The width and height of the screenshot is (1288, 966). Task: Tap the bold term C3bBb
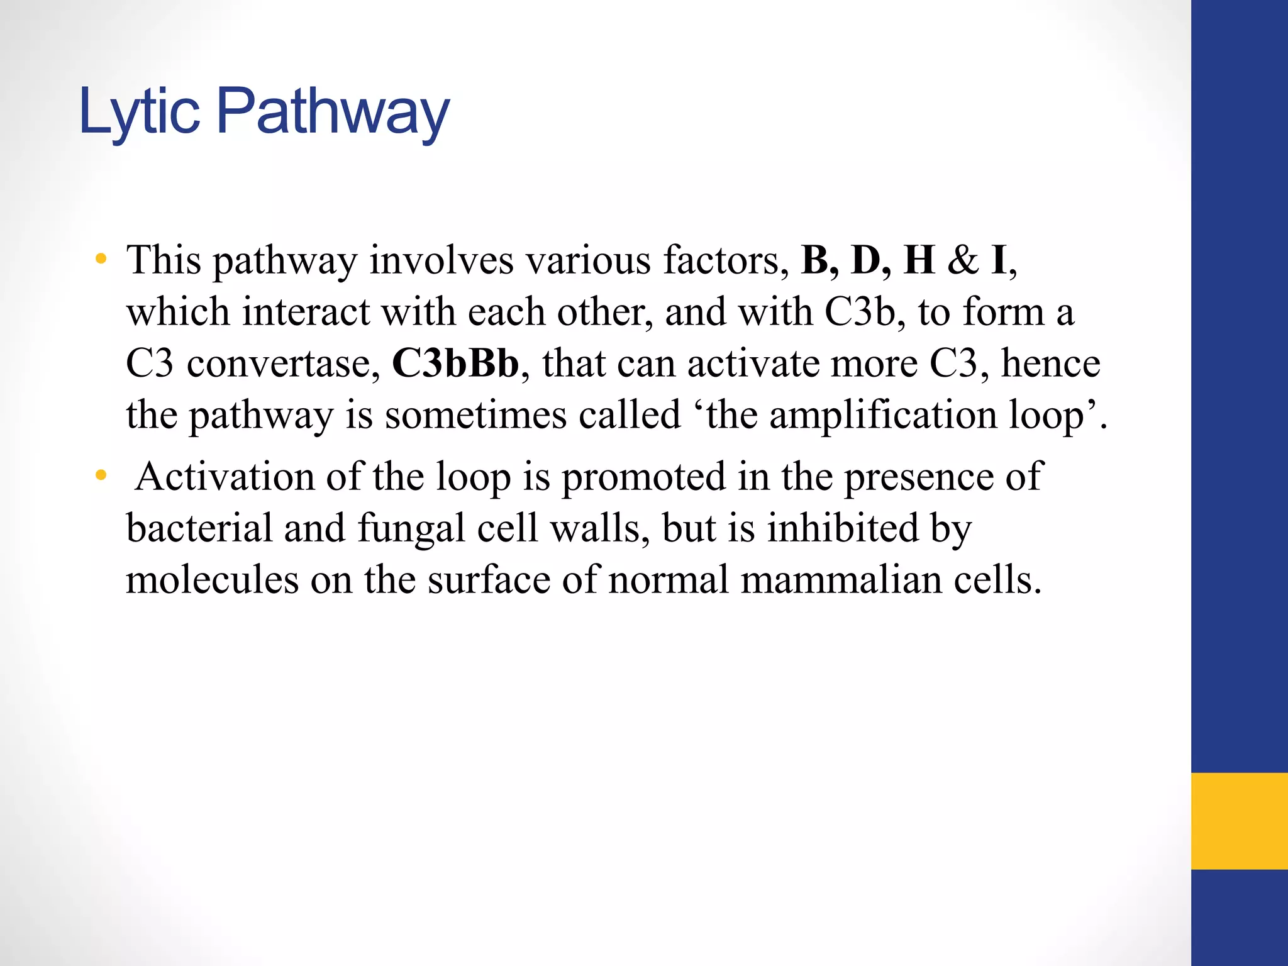pos(456,363)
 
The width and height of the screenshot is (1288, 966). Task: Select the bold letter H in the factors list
pos(919,260)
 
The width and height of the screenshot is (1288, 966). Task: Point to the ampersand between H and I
pos(962,260)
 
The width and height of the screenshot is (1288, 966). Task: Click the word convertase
pos(284,364)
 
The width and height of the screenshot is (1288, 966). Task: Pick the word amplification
pos(883,416)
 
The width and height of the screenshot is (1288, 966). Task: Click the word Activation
pos(225,476)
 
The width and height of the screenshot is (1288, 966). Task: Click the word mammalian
pos(841,579)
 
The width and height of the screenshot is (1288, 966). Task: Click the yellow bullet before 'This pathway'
pos(101,259)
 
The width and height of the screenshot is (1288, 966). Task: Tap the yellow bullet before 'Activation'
pos(101,475)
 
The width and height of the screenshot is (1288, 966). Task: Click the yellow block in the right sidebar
pos(1239,821)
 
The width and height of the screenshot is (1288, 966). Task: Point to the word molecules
pos(212,579)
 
